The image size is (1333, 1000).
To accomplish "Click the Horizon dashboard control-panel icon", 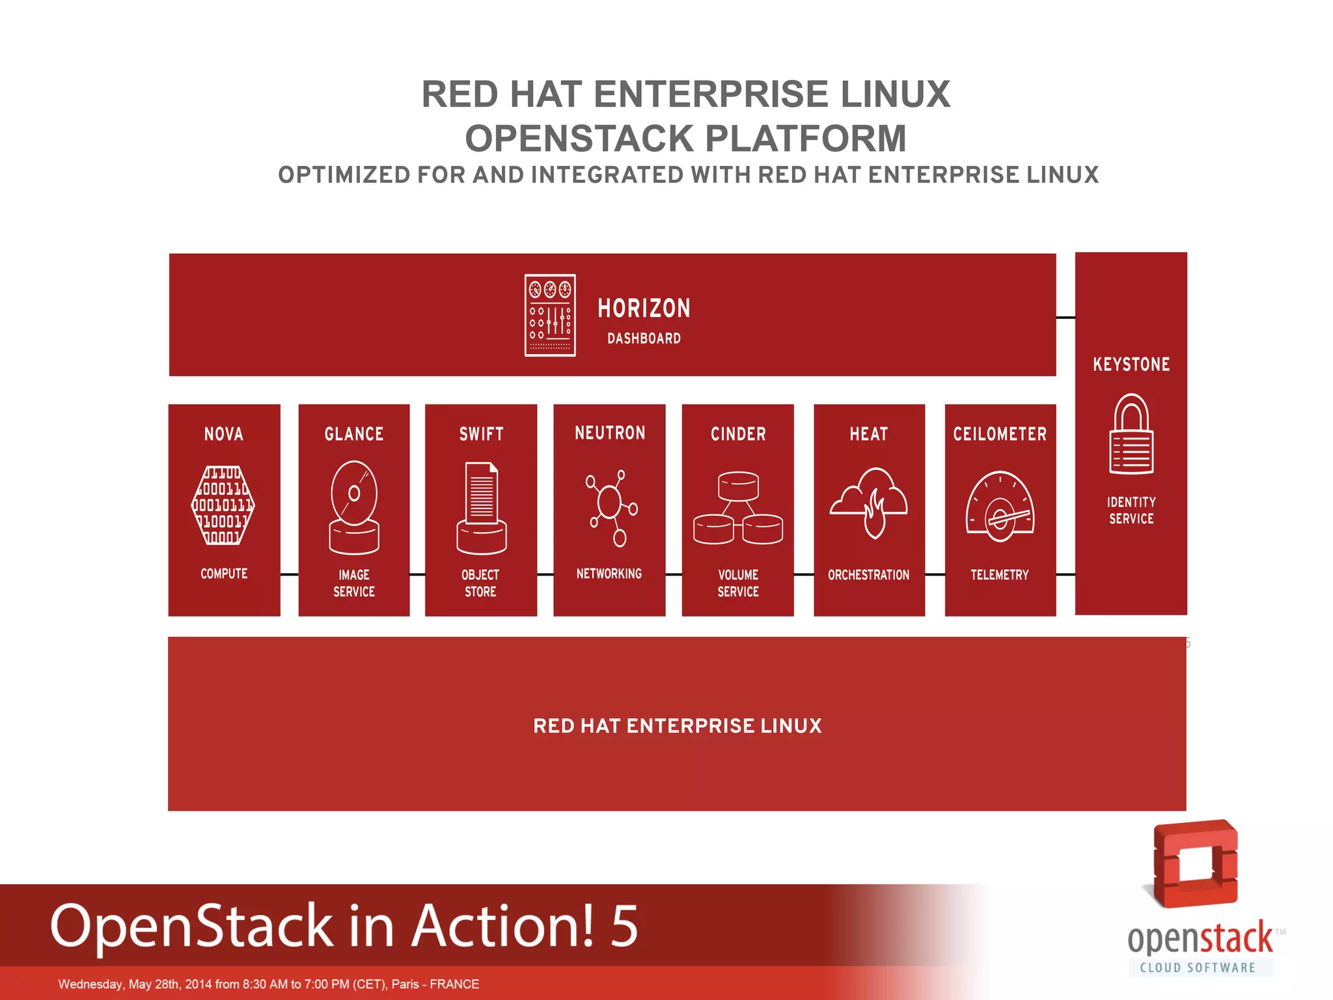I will click(550, 315).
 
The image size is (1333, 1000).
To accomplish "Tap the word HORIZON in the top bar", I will click(644, 309).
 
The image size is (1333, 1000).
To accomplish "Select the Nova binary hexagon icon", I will click(223, 505).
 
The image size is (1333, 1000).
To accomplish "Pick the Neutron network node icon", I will click(611, 507).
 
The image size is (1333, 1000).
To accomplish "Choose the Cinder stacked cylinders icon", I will click(738, 508).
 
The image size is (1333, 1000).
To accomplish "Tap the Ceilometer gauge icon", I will click(1000, 507).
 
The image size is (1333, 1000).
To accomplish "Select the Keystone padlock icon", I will click(1131, 434).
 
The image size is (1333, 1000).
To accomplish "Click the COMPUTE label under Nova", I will click(224, 574).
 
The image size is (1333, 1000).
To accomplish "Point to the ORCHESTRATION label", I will click(868, 575).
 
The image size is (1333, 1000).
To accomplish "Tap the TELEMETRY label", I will click(1000, 575).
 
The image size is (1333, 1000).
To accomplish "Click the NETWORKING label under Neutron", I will click(609, 574).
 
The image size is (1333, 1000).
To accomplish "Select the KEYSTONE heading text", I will click(1131, 364).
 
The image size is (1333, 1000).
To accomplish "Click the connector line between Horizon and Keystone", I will click(1065, 318).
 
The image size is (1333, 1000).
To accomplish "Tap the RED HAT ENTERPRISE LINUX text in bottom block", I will click(677, 726).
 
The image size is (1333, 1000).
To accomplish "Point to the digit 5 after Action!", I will click(624, 925).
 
